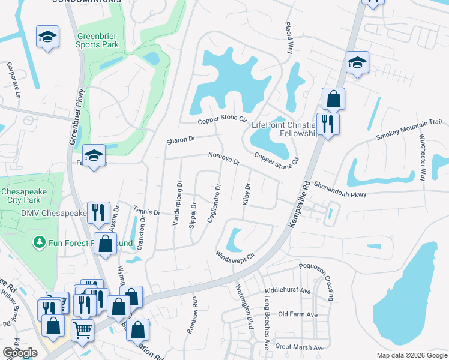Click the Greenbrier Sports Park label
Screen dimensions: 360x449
tap(97, 39)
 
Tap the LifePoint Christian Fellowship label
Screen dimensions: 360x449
tap(285, 129)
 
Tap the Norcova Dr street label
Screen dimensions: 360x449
tap(223, 158)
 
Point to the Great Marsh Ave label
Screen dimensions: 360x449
tap(300, 347)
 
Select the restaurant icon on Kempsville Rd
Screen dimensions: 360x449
tap(328, 124)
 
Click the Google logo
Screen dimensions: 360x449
tap(20, 353)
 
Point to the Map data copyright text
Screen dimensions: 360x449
tap(411, 355)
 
